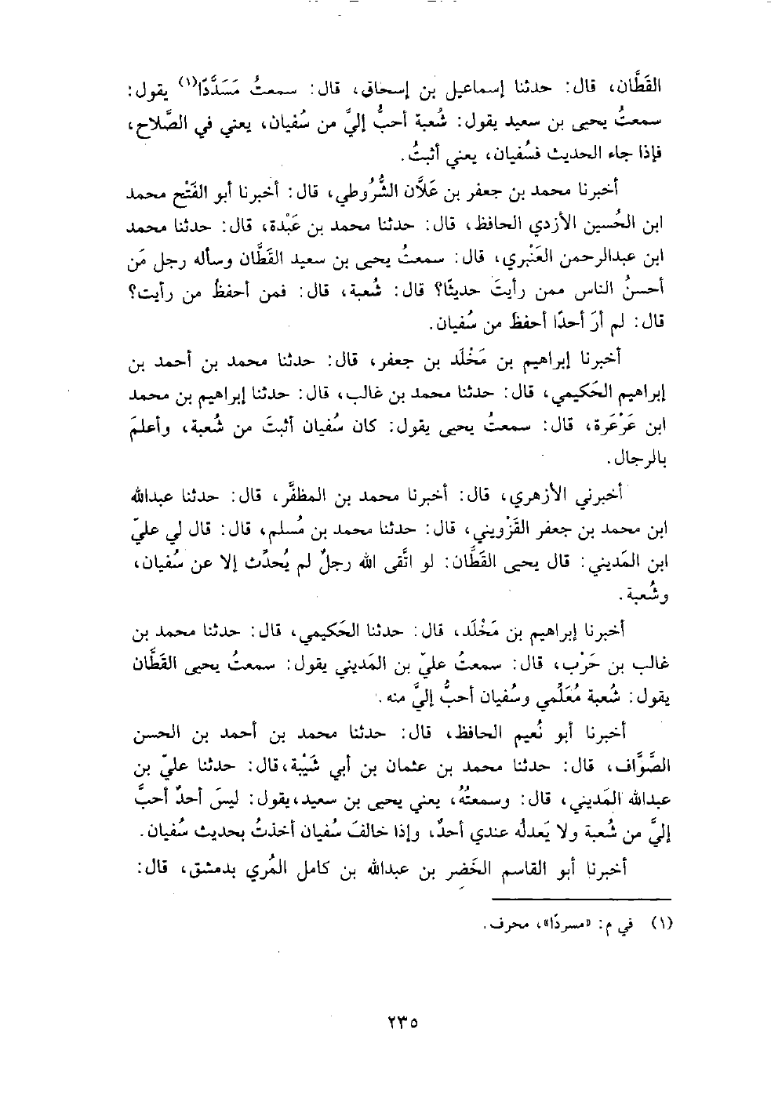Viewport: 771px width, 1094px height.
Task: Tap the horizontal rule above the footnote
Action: pyautogui.click(x=588, y=900)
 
